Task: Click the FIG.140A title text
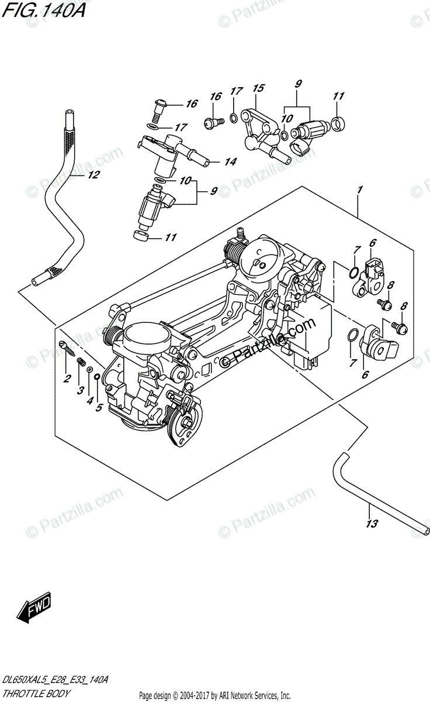point(43,10)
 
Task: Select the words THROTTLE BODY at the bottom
point(36,693)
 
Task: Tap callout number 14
point(230,162)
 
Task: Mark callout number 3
point(79,390)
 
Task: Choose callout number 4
point(89,401)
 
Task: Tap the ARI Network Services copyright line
point(214,696)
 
